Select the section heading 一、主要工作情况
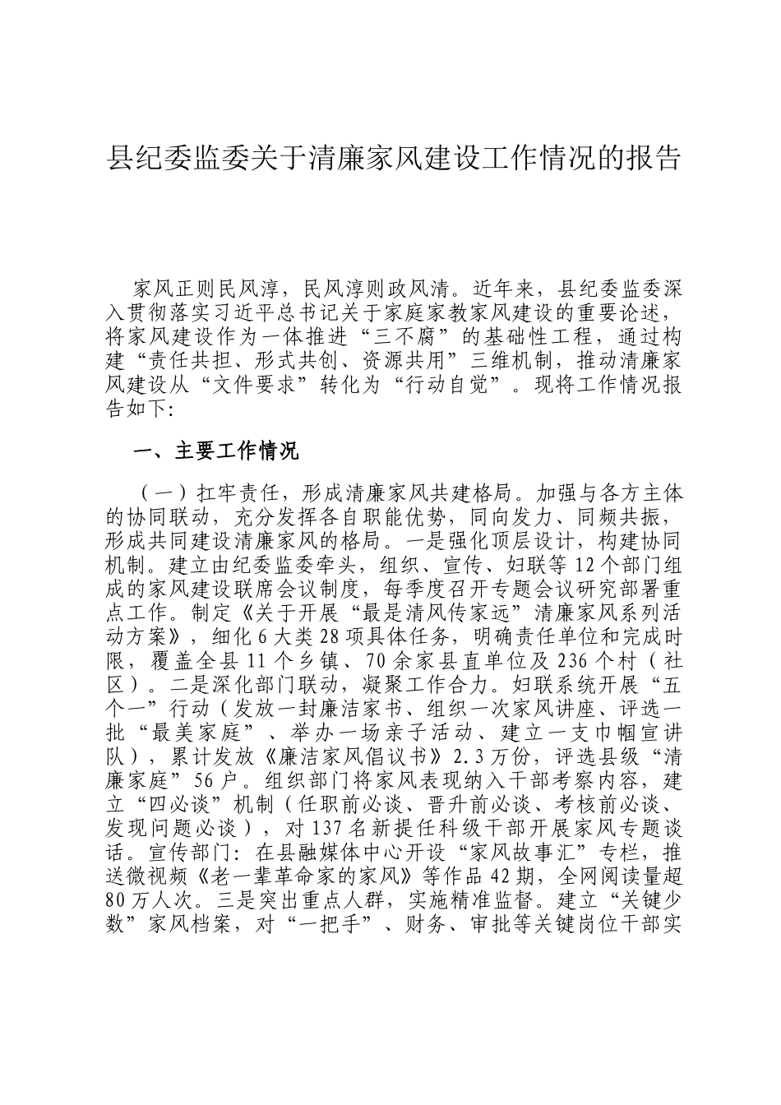pyautogui.click(x=215, y=451)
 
